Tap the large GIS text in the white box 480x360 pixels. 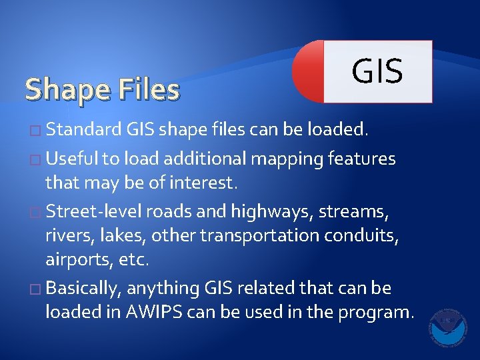[377, 71]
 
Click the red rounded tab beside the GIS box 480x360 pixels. [309, 71]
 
